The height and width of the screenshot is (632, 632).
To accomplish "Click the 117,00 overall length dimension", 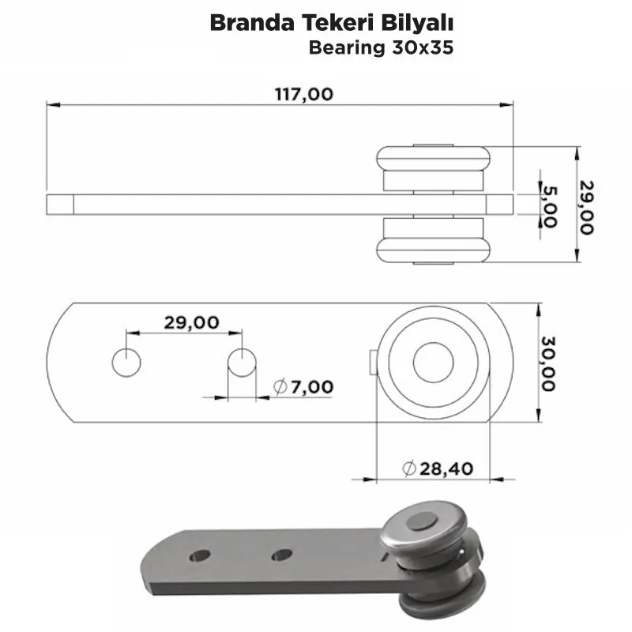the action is [x=304, y=94].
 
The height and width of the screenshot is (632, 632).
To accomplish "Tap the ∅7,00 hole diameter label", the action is [x=303, y=386].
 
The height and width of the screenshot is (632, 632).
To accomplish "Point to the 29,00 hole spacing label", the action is [x=191, y=322].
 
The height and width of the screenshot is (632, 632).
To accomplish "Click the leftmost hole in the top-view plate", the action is [x=126, y=363].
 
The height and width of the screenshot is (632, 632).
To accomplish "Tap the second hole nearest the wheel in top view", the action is [x=242, y=363].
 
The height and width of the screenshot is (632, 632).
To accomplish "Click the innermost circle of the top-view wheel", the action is [x=432, y=362].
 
